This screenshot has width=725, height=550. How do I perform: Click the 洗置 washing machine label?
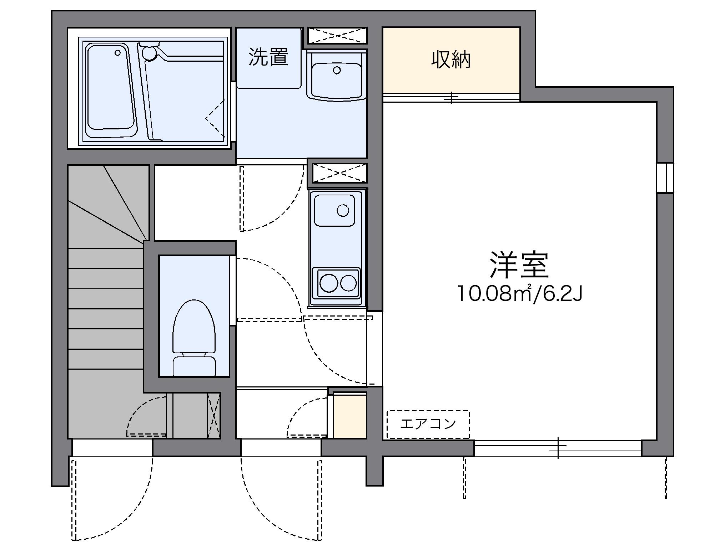click(268, 57)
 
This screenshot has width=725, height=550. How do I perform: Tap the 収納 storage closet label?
click(451, 60)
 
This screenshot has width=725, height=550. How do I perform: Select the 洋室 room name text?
click(519, 265)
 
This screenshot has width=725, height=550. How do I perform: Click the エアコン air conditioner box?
click(428, 424)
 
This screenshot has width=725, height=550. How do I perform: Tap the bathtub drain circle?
click(117, 53)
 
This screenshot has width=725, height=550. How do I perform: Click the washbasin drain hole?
click(337, 70)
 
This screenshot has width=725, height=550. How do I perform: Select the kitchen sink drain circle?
click(343, 210)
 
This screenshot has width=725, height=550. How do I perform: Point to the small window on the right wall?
click(665, 178)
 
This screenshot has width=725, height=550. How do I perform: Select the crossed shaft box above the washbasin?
click(337, 36)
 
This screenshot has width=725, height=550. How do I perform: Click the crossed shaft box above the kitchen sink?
click(340, 173)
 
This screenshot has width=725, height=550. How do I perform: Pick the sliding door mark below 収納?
click(452, 97)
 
